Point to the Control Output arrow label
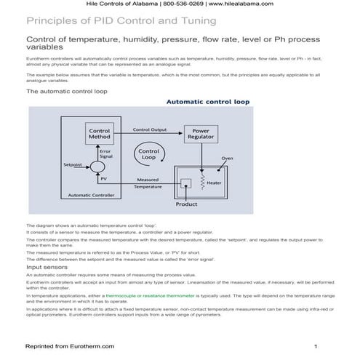tap(150, 129)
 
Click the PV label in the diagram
tap(93, 179)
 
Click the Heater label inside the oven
tap(213, 183)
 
